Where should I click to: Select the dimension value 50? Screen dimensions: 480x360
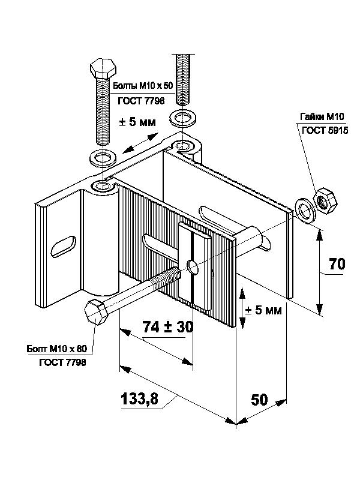pos(259,400)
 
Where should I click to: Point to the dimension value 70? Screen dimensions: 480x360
pos(338,264)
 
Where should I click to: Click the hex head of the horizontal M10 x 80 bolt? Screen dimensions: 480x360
pos(96,313)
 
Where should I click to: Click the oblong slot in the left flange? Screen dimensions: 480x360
pos(62,245)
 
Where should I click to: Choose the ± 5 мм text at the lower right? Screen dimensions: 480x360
pos(265,311)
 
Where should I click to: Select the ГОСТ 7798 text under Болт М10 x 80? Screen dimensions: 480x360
pos(63,362)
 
